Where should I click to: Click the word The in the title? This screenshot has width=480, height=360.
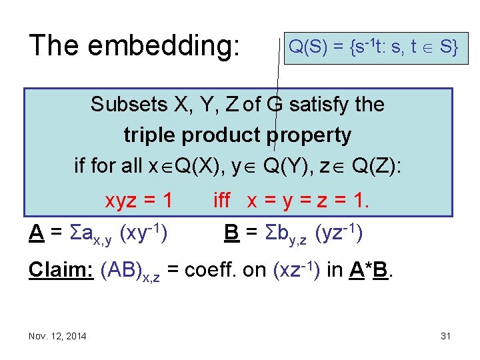click(x=55, y=45)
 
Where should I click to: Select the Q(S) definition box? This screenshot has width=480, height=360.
click(x=372, y=47)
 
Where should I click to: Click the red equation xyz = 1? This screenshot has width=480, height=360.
click(x=139, y=200)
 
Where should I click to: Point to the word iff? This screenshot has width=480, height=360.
click(x=223, y=200)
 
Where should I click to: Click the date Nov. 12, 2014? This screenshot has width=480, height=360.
click(x=57, y=336)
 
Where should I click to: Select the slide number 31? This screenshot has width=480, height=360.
click(x=446, y=336)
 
